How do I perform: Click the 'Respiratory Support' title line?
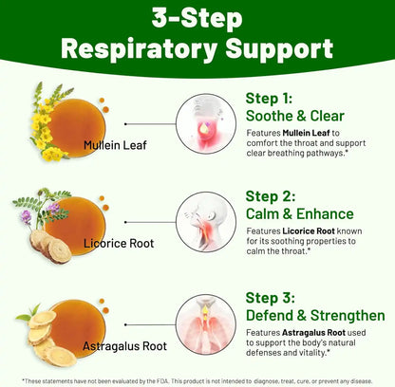pyautogui.click(x=197, y=49)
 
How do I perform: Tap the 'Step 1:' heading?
pyautogui.click(x=269, y=99)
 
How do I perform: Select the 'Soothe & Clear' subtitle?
pyautogui.click(x=294, y=116)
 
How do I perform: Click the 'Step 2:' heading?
pyautogui.click(x=271, y=196)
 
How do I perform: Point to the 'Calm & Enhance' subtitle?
pyautogui.click(x=299, y=213)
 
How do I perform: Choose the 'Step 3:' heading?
pyautogui.click(x=270, y=298)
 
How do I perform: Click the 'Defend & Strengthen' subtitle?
pyautogui.click(x=315, y=316)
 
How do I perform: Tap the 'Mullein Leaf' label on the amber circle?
pyautogui.click(x=115, y=145)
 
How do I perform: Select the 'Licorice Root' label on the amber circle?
pyautogui.click(x=119, y=244)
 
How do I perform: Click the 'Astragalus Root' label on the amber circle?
pyautogui.click(x=124, y=346)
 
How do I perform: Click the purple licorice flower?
pyautogui.click(x=27, y=217)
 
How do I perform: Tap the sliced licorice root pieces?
pyautogui.click(x=50, y=247)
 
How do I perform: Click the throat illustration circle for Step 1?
pyautogui.click(x=206, y=123)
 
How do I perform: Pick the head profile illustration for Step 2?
pyautogui.click(x=206, y=222)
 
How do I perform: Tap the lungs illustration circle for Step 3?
pyautogui.click(x=206, y=324)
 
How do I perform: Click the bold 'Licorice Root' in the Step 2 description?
pyautogui.click(x=309, y=231)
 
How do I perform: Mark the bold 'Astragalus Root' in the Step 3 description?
pyautogui.click(x=313, y=333)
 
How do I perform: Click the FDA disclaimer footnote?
pyautogui.click(x=197, y=381)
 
